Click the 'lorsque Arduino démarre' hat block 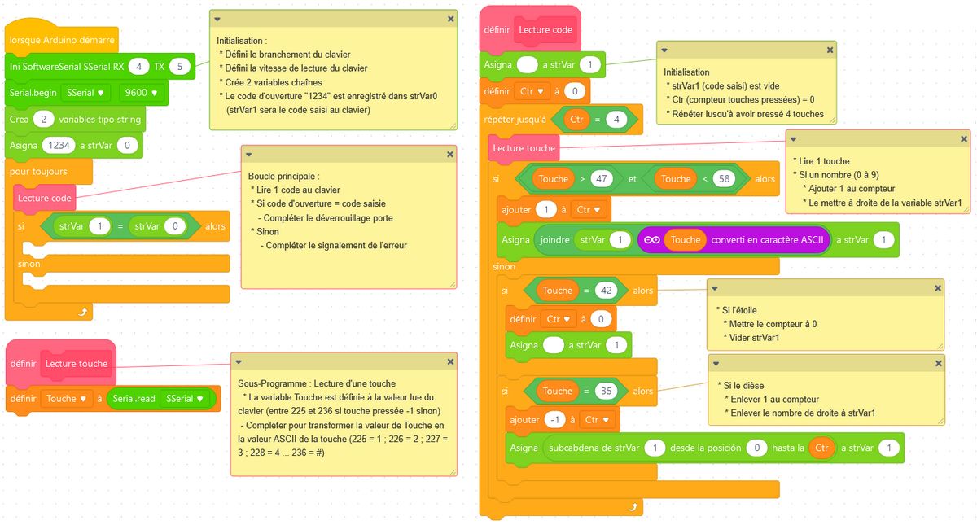click(62, 39)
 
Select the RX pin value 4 click(141, 65)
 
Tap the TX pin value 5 click(180, 65)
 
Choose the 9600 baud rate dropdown click(140, 92)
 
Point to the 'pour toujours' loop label click(38, 172)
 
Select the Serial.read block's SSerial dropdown click(184, 399)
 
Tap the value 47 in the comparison click(602, 178)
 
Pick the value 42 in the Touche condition click(604, 291)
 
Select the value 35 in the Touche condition click(604, 391)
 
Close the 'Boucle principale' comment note click(450, 154)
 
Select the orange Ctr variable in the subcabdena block click(823, 448)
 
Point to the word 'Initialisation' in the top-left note click(242, 40)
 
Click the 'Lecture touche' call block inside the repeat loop click(524, 148)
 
